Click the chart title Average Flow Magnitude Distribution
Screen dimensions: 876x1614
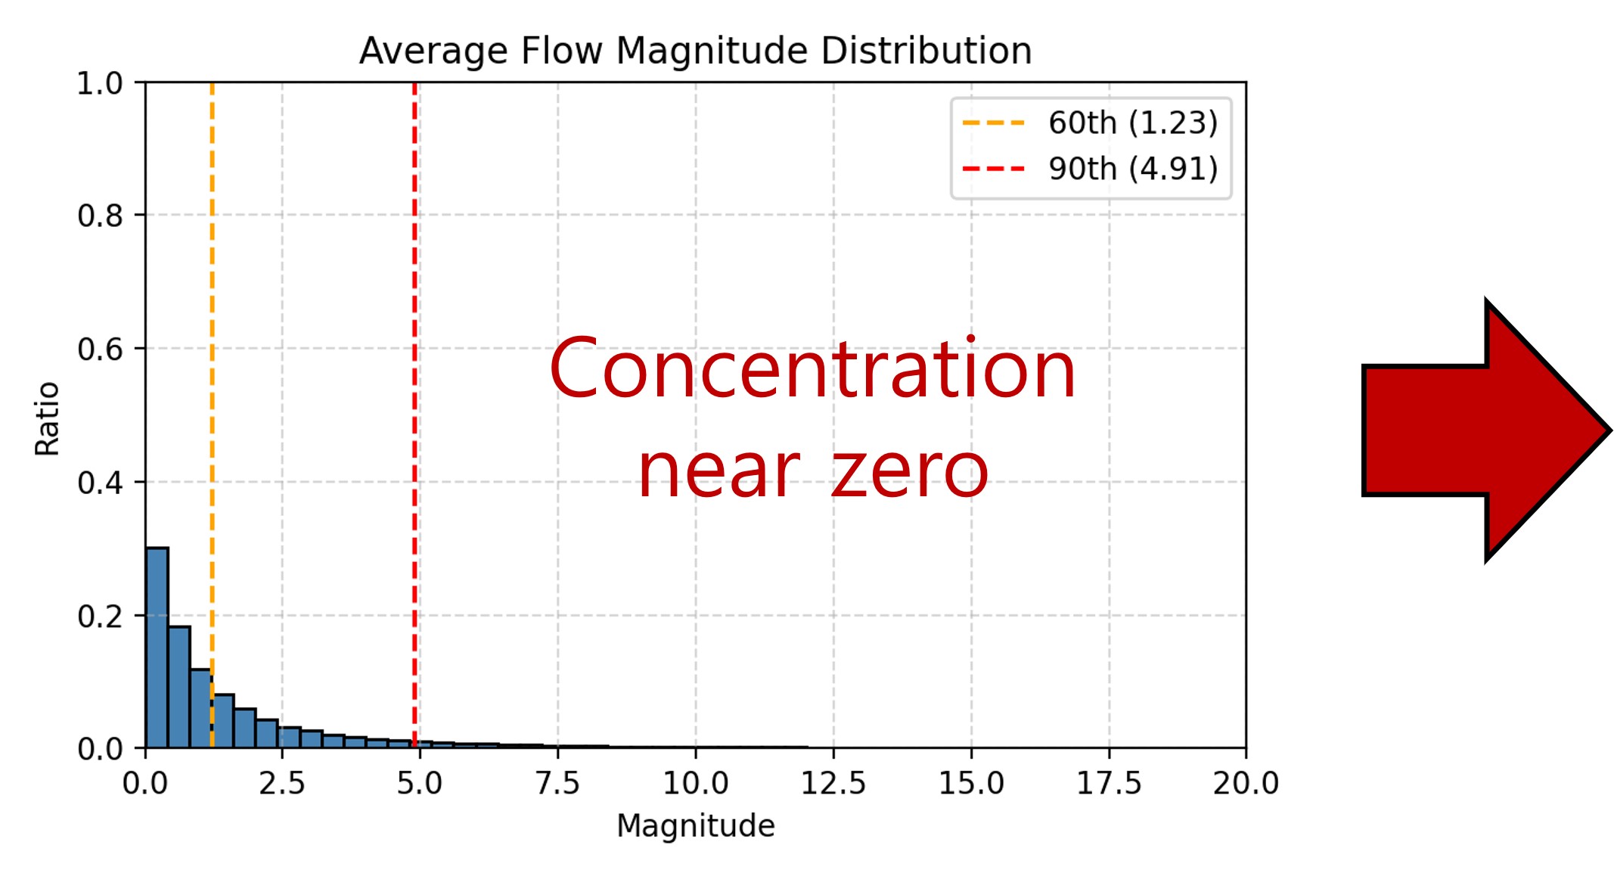[x=695, y=51]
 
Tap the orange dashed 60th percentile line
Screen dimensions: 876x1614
[x=212, y=378]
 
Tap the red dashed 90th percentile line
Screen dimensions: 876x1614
[x=414, y=378]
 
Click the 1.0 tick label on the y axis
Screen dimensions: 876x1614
[x=100, y=83]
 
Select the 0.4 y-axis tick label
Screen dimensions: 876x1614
[x=100, y=483]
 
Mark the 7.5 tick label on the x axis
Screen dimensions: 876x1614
[x=557, y=784]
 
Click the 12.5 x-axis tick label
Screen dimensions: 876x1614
[x=833, y=784]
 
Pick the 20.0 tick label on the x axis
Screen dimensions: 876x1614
[x=1246, y=784]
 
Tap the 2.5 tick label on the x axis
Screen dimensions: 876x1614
[x=282, y=784]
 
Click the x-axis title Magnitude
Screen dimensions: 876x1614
[x=695, y=826]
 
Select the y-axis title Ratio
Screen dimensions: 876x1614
[x=47, y=418]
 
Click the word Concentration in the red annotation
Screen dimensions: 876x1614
[x=812, y=369]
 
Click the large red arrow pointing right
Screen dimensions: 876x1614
[x=1475, y=430]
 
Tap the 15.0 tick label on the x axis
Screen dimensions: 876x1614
[x=971, y=784]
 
